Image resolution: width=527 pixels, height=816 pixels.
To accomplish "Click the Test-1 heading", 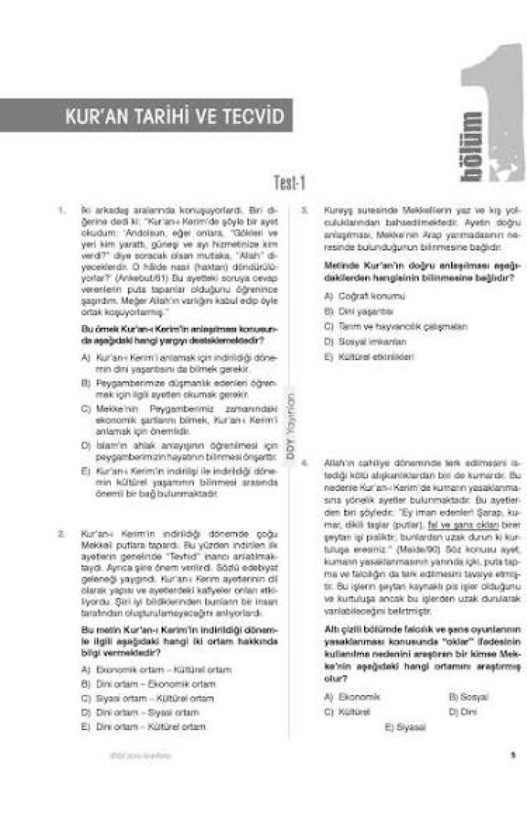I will click(290, 184).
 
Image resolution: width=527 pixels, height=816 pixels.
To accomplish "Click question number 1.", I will click(62, 210).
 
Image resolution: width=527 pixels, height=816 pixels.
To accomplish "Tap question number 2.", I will click(62, 534).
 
